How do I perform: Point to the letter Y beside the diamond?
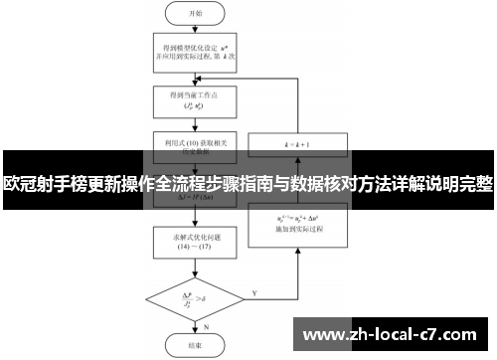pos(256,292)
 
